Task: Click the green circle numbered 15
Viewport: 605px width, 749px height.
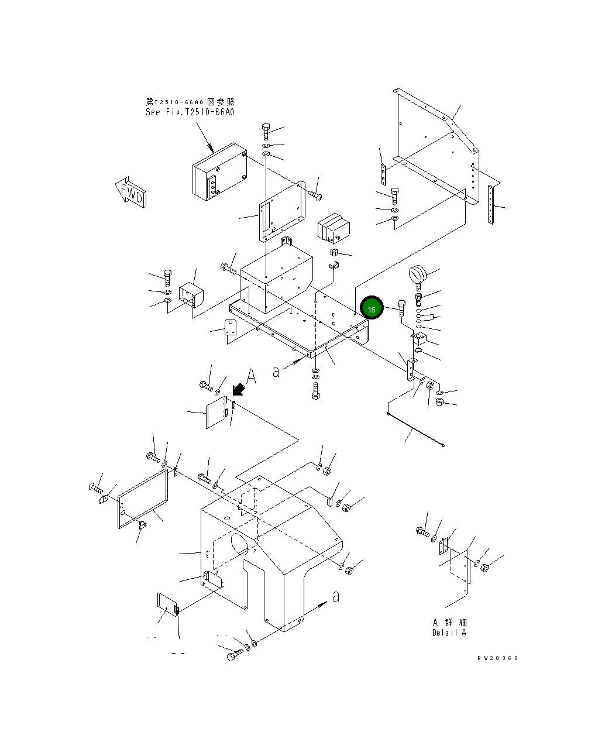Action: click(x=372, y=308)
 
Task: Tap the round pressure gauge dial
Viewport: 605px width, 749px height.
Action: click(x=418, y=274)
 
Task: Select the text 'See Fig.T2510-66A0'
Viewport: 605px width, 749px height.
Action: click(x=190, y=112)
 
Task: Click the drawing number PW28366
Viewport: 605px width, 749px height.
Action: click(x=497, y=658)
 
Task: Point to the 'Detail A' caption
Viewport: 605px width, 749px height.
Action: click(x=449, y=633)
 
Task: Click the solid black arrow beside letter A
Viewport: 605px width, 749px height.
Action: click(x=238, y=389)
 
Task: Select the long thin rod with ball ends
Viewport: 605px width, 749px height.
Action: click(x=415, y=430)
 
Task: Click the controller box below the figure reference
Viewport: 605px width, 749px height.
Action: click(x=219, y=171)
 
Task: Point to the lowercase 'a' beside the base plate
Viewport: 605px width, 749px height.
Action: click(x=276, y=371)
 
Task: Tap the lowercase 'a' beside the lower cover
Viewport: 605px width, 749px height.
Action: click(x=335, y=596)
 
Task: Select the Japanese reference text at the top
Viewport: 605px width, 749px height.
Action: click(x=190, y=102)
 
